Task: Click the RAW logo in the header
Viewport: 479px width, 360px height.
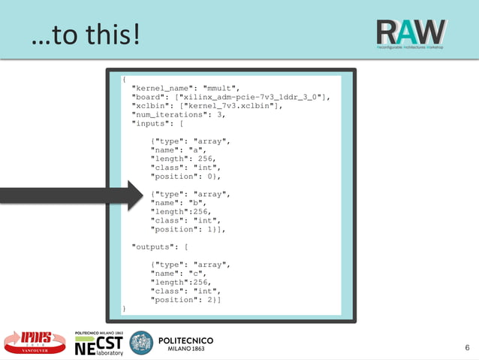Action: point(411,32)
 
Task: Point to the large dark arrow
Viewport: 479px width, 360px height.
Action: point(71,195)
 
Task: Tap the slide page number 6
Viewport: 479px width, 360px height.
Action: point(467,347)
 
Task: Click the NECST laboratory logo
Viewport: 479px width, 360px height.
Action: point(98,343)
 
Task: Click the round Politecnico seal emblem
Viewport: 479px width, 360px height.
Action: point(141,343)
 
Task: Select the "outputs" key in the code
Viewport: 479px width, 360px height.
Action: point(154,246)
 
